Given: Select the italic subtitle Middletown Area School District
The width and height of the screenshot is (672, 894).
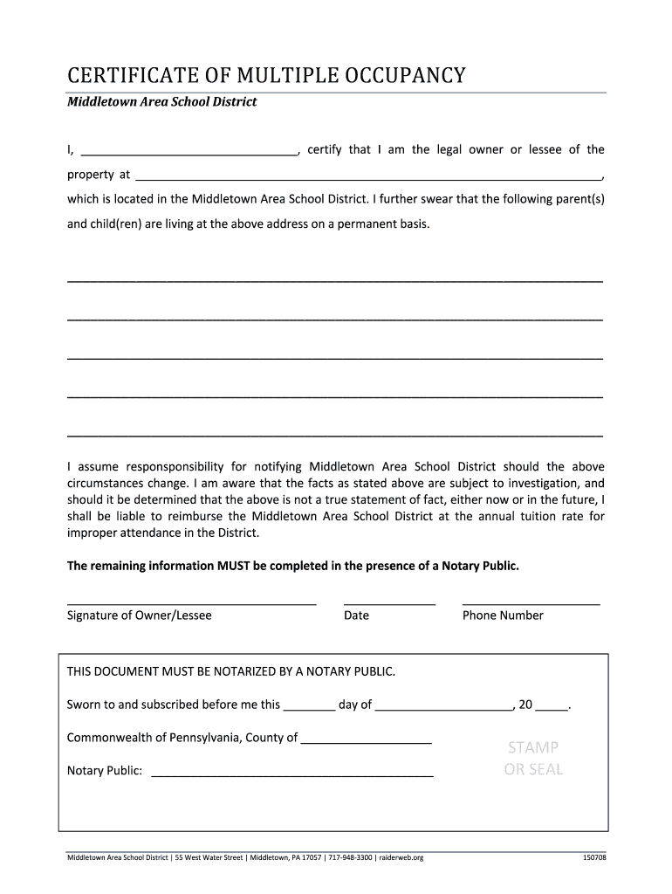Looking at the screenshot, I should pos(162,102).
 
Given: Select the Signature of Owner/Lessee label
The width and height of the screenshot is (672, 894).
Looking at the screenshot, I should pos(140,615).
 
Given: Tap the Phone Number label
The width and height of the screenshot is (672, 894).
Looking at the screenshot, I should pos(503,615).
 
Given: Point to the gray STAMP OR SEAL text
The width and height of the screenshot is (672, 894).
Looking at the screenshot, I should pos(533,759).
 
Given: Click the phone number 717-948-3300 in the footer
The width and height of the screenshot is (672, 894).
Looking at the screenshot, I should pos(351,858).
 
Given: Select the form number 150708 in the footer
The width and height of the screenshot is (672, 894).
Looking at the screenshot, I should pos(594,858).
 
